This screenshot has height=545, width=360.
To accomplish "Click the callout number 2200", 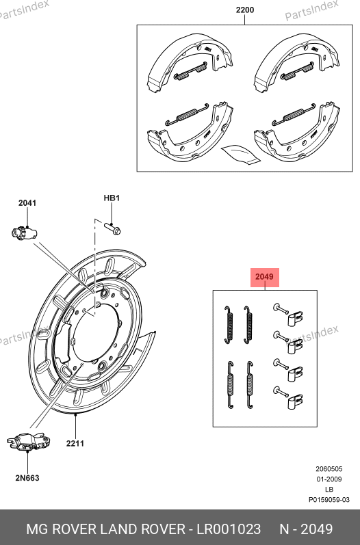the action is click(245, 10).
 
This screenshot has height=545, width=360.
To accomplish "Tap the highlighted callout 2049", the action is click(265, 277).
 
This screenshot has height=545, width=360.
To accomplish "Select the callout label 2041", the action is click(27, 202).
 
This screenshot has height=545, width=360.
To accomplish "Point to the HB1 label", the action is click(112, 198).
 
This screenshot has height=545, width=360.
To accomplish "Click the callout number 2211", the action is click(75, 443).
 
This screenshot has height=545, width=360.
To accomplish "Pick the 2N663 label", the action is click(27, 478).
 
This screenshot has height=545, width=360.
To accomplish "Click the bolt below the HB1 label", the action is click(112, 228).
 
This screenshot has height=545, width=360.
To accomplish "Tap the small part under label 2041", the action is click(24, 233).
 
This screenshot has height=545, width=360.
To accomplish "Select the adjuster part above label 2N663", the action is click(29, 442).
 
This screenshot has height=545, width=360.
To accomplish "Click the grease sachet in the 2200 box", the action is click(240, 154).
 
